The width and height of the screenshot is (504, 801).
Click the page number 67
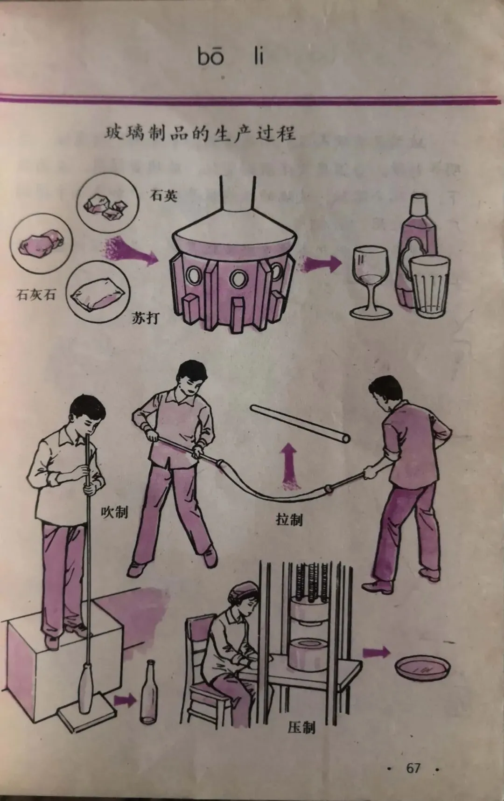tap(413, 768)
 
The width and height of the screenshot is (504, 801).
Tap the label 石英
tap(163, 195)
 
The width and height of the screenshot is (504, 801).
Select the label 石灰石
tap(36, 294)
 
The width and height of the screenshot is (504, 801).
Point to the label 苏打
tap(146, 318)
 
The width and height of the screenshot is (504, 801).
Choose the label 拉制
tap(289, 519)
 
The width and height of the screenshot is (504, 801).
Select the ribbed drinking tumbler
tap(429, 286)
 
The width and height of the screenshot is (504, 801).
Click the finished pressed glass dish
tap(423, 669)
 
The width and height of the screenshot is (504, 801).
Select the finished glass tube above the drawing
tap(300, 424)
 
